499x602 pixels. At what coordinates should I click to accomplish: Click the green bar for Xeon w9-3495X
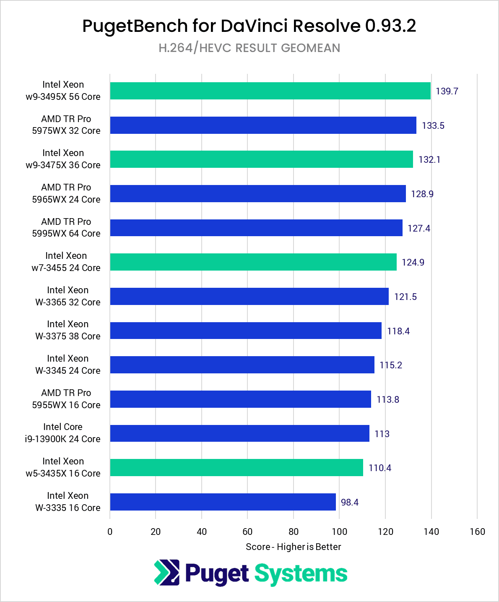tap(270, 91)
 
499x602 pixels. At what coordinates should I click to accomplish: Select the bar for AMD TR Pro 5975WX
tap(263, 125)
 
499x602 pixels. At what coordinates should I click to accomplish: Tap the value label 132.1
tap(429, 160)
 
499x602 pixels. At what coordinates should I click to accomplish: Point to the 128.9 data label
tap(422, 194)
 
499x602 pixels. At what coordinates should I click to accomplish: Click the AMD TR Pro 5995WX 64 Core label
tap(66, 228)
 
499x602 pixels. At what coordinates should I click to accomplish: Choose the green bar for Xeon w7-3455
tap(253, 262)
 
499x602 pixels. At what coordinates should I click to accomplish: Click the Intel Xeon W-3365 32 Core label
tap(68, 296)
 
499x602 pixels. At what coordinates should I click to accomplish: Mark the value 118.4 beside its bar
tap(398, 331)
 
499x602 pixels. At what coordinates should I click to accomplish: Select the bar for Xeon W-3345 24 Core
tap(242, 365)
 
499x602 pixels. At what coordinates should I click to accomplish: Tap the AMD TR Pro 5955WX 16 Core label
tap(66, 399)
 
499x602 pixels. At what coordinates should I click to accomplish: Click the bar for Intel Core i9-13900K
tap(239, 433)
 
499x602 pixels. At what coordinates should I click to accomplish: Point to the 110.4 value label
tap(380, 468)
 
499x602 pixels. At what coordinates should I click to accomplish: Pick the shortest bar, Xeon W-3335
tap(223, 502)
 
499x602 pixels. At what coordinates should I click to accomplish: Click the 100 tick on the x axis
tap(339, 532)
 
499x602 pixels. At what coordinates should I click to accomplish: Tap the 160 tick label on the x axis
tap(477, 532)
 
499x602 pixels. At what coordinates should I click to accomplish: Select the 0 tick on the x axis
tap(110, 532)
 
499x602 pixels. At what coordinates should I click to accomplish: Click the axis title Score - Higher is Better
tap(293, 547)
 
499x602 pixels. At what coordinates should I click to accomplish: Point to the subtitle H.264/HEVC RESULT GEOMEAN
tap(249, 48)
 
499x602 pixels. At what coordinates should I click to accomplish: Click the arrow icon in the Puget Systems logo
tap(166, 573)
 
